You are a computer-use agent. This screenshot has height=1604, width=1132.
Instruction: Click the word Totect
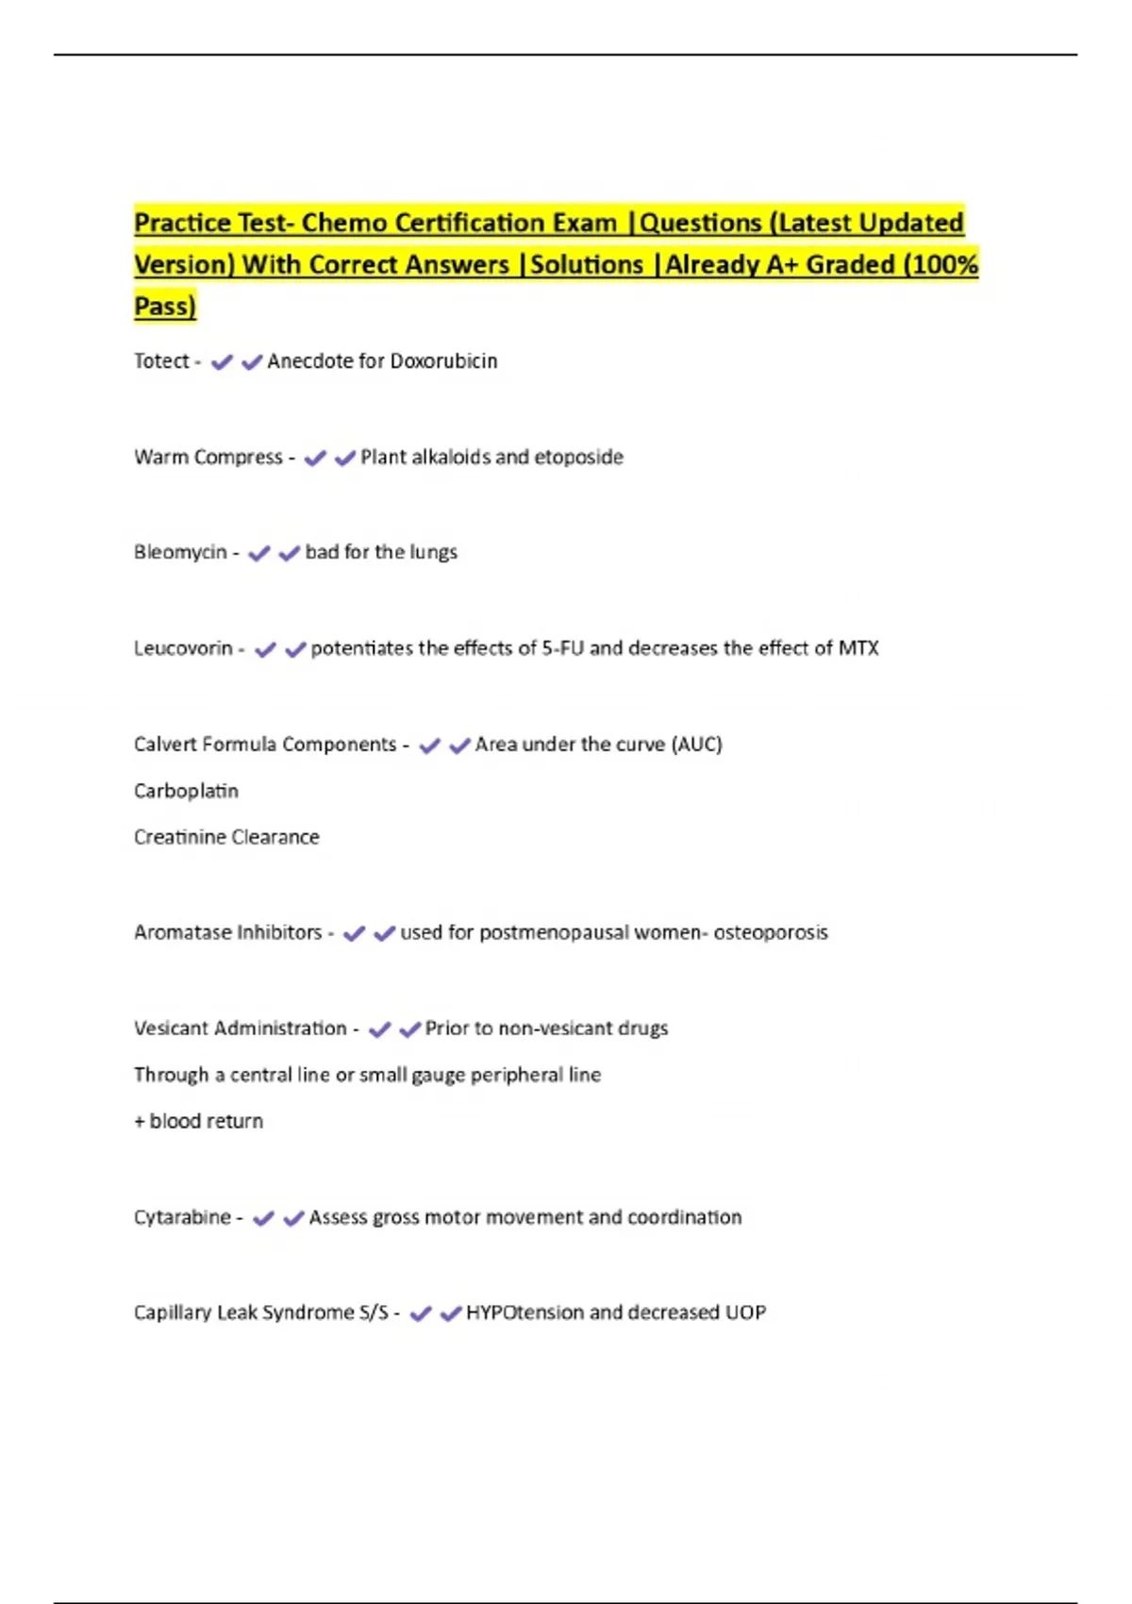(161, 361)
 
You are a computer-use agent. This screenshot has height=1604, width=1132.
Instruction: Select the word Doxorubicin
(443, 361)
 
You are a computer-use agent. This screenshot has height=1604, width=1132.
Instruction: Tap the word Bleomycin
(180, 552)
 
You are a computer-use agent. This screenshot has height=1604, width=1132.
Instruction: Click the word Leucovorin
(183, 648)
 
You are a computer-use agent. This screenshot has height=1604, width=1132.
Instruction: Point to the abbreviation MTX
(858, 648)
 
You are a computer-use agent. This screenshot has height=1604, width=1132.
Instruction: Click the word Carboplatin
(186, 791)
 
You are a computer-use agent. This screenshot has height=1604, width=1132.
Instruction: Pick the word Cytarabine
(182, 1217)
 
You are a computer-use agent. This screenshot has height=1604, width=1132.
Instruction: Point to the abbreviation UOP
(745, 1312)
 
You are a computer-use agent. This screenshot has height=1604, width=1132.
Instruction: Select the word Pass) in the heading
(165, 307)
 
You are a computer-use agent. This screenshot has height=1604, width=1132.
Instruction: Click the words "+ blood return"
(199, 1121)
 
